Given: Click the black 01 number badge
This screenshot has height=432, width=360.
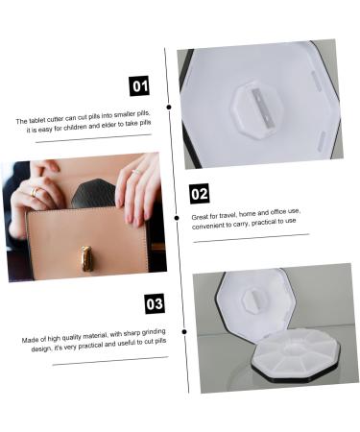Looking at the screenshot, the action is (x=139, y=85).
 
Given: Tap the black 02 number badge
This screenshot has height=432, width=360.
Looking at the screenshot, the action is (x=199, y=194).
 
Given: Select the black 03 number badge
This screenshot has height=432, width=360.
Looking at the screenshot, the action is (x=155, y=303).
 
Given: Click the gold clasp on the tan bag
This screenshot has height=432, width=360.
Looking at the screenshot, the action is (x=86, y=258).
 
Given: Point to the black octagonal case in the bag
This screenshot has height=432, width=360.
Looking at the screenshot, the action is (x=93, y=193).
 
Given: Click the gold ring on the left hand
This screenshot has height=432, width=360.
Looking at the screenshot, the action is (x=35, y=191).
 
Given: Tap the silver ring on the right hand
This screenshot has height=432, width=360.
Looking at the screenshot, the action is (x=136, y=172).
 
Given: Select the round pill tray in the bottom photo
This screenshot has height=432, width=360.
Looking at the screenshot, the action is (x=296, y=355).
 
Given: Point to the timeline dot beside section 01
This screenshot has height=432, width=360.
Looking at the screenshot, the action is (x=169, y=108).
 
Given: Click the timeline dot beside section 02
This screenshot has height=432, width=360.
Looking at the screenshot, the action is (x=177, y=218).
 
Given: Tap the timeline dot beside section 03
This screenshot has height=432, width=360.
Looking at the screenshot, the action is (x=184, y=332).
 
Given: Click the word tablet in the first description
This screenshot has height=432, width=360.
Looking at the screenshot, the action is (x=37, y=121).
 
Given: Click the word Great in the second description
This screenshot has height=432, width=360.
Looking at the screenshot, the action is (x=200, y=217).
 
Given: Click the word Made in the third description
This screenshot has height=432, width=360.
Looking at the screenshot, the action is (x=31, y=340).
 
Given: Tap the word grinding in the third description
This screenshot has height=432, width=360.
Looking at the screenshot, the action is (x=154, y=331).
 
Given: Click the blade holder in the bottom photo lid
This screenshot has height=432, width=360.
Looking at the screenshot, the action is (x=254, y=300).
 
